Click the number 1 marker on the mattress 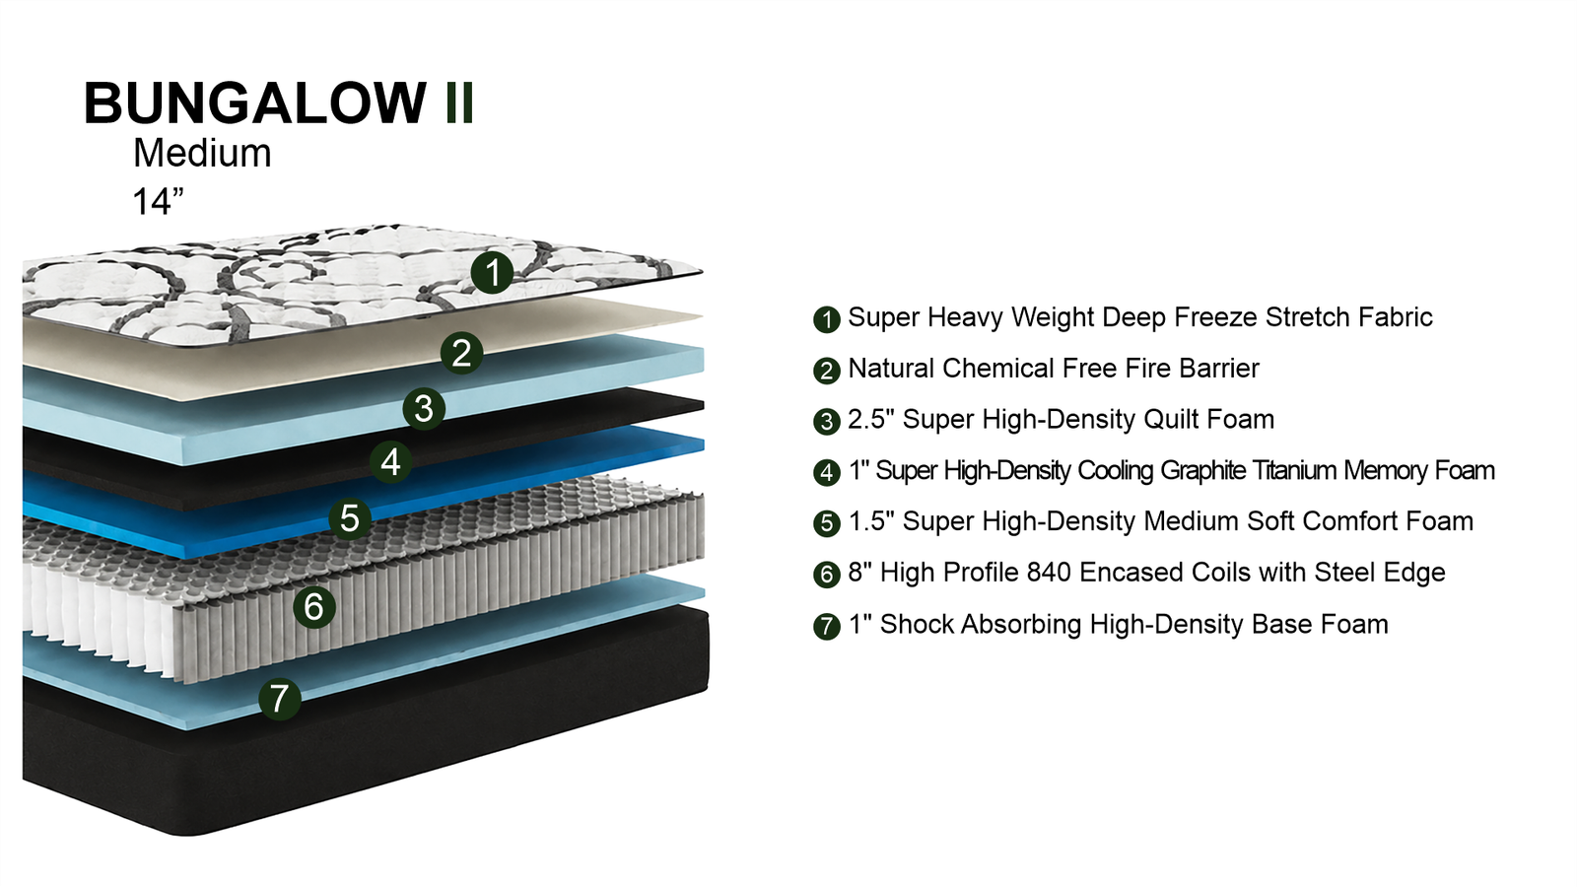492,272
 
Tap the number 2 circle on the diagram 462,353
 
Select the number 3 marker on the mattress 424,408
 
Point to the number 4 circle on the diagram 390,462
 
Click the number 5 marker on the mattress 350,518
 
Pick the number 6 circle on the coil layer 314,606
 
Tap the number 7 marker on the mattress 280,699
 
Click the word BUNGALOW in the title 255,103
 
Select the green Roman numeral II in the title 459,103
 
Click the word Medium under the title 202,153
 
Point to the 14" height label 158,202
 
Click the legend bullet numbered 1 827,319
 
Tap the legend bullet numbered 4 827,472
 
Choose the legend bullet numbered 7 827,626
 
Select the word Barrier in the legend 1218,369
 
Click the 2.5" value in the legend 871,419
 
